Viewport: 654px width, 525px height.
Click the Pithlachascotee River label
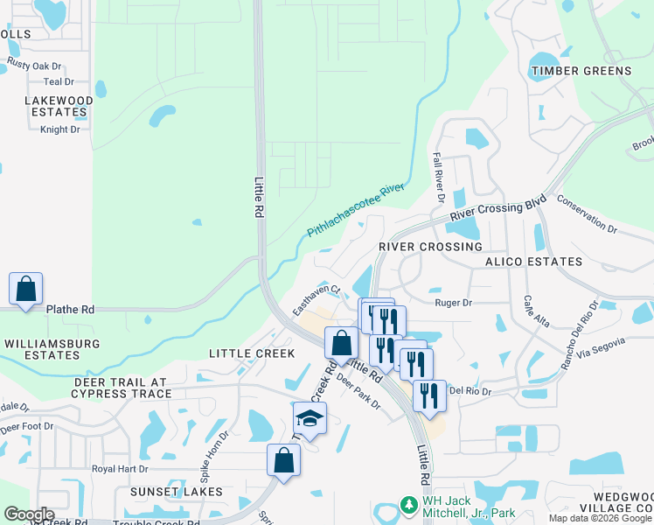(x=355, y=211)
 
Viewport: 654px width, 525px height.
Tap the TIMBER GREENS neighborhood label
(x=581, y=71)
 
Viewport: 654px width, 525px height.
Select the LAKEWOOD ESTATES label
(x=59, y=106)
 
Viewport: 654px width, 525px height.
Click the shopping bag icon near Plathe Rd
(x=26, y=288)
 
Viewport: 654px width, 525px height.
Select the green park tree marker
(x=407, y=505)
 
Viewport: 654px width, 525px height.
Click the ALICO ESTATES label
(x=533, y=262)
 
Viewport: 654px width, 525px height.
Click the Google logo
(x=29, y=514)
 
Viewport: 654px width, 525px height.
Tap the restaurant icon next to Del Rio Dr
(x=429, y=395)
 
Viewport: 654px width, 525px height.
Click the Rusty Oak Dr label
(x=35, y=65)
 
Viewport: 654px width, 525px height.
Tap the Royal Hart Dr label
(x=120, y=469)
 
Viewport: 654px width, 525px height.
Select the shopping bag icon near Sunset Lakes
(x=283, y=459)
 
